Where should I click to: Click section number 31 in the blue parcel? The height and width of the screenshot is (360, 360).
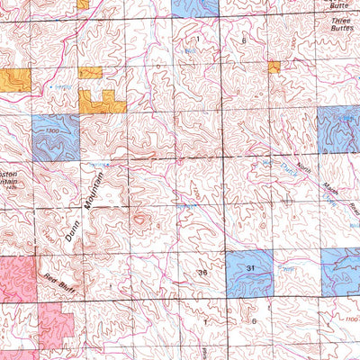pyautogui.click(x=250, y=268)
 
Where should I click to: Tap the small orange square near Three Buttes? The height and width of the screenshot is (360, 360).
pyautogui.click(x=274, y=66)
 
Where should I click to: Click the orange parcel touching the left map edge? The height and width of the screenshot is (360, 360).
pyautogui.click(x=15, y=79)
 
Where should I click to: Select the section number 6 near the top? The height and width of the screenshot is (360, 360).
pyautogui.click(x=244, y=42)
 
